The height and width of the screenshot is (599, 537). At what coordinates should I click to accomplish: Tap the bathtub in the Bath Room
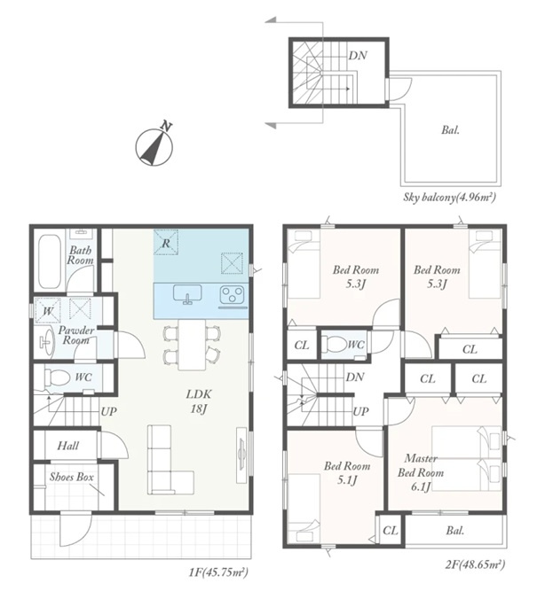click(50, 262)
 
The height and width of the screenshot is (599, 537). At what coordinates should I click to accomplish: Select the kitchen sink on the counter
click(187, 294)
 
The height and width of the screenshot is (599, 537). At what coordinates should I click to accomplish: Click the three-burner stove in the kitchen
click(232, 296)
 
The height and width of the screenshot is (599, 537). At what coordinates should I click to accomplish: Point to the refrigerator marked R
click(166, 243)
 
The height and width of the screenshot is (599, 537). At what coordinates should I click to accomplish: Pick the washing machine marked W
click(48, 311)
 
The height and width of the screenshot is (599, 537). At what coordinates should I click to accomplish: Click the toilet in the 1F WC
click(57, 377)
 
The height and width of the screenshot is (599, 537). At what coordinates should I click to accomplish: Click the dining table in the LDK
click(192, 344)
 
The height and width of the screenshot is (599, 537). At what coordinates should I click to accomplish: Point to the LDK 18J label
click(199, 401)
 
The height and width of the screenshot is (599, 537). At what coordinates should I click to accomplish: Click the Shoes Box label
click(72, 477)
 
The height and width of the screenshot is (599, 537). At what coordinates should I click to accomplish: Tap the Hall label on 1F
click(68, 446)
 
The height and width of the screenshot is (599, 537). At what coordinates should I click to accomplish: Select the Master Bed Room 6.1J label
click(421, 472)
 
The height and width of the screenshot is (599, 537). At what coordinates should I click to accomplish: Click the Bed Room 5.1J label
click(347, 472)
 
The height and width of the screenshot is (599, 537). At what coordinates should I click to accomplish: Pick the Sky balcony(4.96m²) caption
click(450, 198)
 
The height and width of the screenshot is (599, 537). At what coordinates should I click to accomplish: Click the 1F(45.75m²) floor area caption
click(218, 572)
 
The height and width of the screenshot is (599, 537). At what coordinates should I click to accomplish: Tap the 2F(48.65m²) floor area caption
click(475, 564)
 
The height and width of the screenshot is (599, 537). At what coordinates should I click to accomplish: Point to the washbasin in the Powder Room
click(47, 341)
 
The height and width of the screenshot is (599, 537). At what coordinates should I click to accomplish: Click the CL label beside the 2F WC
click(302, 346)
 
